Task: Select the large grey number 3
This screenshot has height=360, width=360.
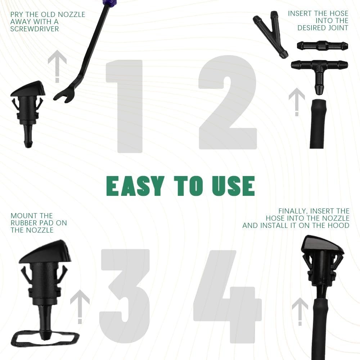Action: [x=125, y=296]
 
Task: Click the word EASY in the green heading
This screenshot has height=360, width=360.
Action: [x=135, y=186]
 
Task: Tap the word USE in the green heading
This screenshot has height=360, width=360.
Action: [x=234, y=186]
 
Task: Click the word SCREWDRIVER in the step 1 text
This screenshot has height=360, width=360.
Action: [x=35, y=29]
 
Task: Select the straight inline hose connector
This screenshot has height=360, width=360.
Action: [x=322, y=46]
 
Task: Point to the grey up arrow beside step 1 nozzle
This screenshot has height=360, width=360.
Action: [x=57, y=66]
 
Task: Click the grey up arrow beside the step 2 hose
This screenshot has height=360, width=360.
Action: [x=297, y=102]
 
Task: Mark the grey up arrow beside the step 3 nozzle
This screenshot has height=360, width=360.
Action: [x=80, y=307]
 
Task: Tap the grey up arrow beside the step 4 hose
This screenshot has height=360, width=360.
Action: [x=300, y=311]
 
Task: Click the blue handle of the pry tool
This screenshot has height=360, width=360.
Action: [x=107, y=2]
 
